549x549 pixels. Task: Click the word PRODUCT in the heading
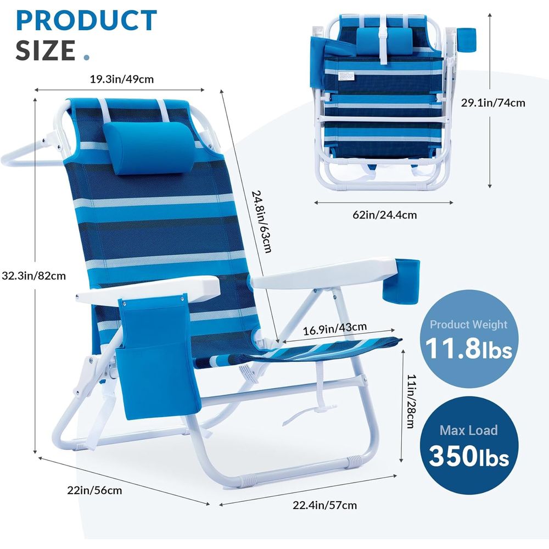[86, 20]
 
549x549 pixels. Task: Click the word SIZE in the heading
[46, 50]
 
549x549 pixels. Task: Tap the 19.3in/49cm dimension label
[122, 79]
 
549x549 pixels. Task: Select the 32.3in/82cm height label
[33, 276]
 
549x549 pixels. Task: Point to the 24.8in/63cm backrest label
[262, 221]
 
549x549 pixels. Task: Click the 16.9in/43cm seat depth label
[335, 328]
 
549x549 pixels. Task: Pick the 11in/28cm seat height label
[411, 401]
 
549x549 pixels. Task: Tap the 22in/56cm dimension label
[94, 490]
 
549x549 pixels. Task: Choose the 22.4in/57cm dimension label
[324, 505]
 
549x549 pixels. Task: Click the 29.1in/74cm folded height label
[492, 103]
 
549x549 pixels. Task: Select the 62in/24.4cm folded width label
[384, 215]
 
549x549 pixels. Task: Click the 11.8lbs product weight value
[468, 349]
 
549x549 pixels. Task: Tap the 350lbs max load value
[469, 456]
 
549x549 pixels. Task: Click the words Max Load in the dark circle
[468, 430]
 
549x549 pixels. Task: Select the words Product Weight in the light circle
[468, 324]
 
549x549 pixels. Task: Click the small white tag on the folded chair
[346, 76]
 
